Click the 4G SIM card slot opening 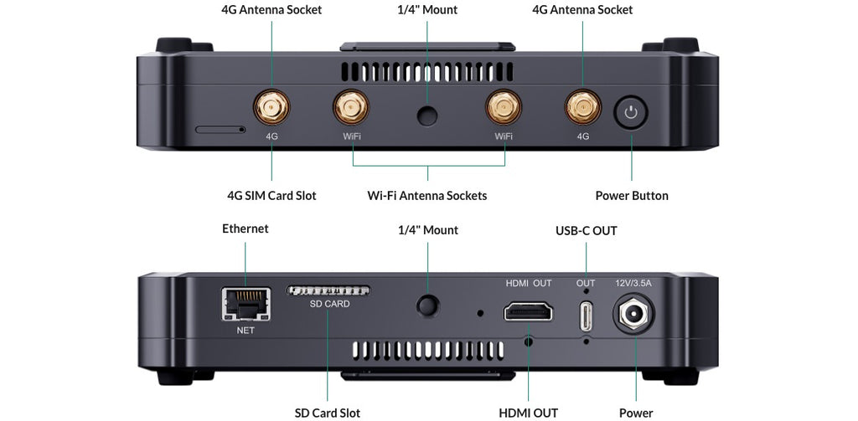[x=220, y=130]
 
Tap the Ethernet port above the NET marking [x=244, y=304]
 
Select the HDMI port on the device [x=528, y=312]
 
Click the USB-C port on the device [x=585, y=315]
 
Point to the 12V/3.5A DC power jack [x=635, y=316]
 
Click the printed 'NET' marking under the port [x=245, y=330]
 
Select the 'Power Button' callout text [x=632, y=196]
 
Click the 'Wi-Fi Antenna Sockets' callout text [x=427, y=196]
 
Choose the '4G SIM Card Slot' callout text [x=271, y=196]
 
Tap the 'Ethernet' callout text [x=246, y=228]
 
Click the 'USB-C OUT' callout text [x=587, y=230]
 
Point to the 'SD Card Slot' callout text [x=328, y=413]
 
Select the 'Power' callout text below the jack [x=636, y=413]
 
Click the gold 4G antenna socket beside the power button [x=582, y=108]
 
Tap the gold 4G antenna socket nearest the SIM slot [x=271, y=108]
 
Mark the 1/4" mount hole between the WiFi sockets [x=427, y=116]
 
